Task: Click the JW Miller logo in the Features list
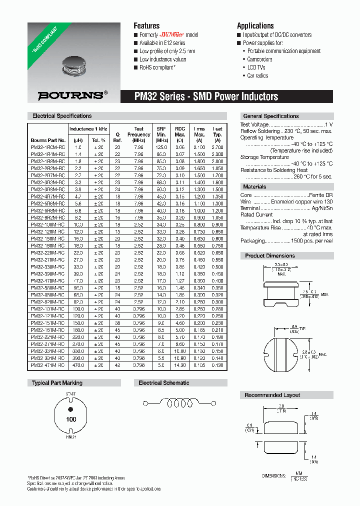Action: tap(172, 35)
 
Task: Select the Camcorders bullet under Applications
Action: tap(259, 59)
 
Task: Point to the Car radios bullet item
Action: tap(257, 76)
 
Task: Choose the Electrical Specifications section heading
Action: tap(62, 116)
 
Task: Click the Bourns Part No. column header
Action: tap(48, 140)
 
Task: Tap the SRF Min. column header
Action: tap(161, 134)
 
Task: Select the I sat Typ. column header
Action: tap(217, 134)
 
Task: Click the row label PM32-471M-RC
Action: tap(48, 365)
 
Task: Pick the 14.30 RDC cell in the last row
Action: tap(179, 365)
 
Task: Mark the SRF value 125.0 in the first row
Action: tap(161, 147)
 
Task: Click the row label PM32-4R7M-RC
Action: tap(48, 197)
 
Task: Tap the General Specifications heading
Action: tap(270, 116)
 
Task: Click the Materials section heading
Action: tap(254, 186)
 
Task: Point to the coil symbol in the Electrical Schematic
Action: tap(182, 402)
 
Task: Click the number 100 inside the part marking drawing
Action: tap(71, 419)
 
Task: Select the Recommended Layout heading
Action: tap(272, 395)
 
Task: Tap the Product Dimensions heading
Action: tap(270, 255)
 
